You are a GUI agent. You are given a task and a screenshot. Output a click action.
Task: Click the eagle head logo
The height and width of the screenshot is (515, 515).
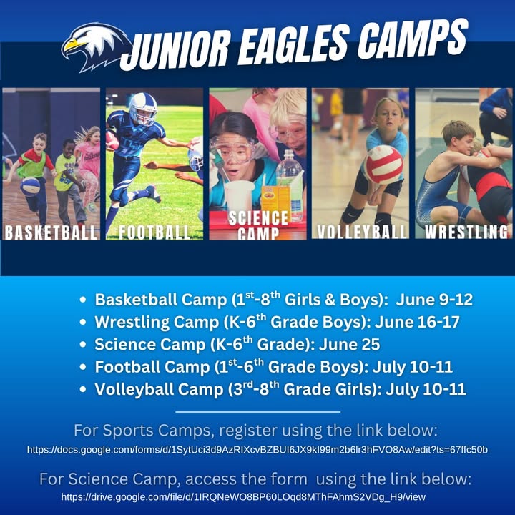(x=96, y=46)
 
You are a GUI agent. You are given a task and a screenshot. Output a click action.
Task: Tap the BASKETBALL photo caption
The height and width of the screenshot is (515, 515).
(x=51, y=232)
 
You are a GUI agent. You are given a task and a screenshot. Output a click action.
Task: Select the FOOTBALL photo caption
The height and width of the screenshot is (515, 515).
(x=154, y=232)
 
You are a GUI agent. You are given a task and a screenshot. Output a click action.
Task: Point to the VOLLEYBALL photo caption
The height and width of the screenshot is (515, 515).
(x=362, y=232)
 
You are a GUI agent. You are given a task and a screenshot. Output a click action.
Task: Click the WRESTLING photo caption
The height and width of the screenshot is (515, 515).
(x=466, y=232)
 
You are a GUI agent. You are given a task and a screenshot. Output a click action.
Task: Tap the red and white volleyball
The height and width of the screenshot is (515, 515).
(x=383, y=165)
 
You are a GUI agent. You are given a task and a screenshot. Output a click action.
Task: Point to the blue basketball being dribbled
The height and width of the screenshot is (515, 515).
(x=30, y=187)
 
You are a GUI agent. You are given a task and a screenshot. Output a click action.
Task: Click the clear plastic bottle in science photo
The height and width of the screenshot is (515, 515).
(x=289, y=177)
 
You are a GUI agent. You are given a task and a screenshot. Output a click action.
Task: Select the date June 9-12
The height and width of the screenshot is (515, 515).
(x=434, y=300)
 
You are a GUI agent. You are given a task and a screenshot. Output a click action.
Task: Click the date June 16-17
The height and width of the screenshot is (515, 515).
(x=417, y=322)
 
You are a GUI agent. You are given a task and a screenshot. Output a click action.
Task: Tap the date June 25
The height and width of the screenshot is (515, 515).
(x=349, y=345)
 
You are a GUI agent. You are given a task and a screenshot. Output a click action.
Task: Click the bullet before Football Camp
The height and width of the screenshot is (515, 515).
(x=83, y=367)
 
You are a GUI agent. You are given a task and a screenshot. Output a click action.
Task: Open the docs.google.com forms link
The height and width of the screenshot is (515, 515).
(x=257, y=450)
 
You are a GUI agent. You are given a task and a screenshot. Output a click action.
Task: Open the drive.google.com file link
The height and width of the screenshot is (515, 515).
(x=243, y=497)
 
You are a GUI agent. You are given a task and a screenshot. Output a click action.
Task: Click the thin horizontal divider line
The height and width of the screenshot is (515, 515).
(x=257, y=411)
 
